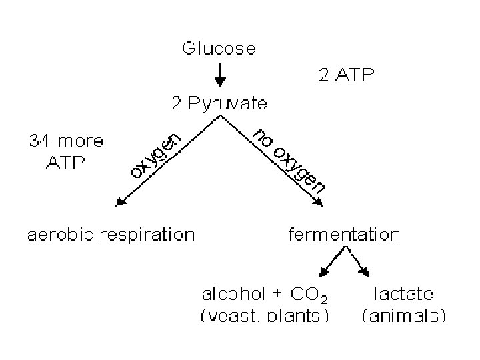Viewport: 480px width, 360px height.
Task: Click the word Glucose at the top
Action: [219, 49]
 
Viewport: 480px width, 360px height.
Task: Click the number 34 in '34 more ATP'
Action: [39, 141]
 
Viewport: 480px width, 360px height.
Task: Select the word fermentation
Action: [343, 235]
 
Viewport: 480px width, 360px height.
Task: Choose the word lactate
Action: [403, 293]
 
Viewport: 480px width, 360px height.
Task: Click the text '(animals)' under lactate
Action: [403, 315]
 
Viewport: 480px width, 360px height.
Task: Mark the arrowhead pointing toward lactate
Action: [365, 271]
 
